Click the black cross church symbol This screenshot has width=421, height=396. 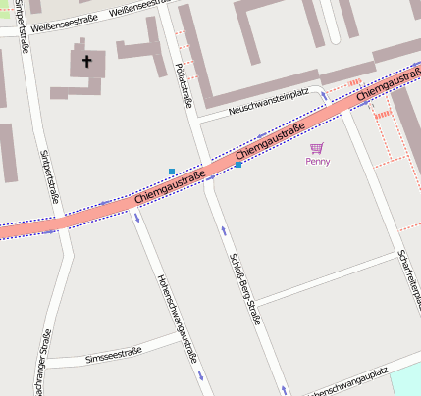[86, 63]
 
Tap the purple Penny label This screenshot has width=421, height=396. [317, 161]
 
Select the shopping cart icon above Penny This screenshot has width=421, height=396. [316, 148]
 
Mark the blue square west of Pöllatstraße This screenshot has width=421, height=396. [172, 172]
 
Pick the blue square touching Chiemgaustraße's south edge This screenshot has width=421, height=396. [238, 165]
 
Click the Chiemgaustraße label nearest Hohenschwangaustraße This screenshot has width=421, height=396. [169, 188]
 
